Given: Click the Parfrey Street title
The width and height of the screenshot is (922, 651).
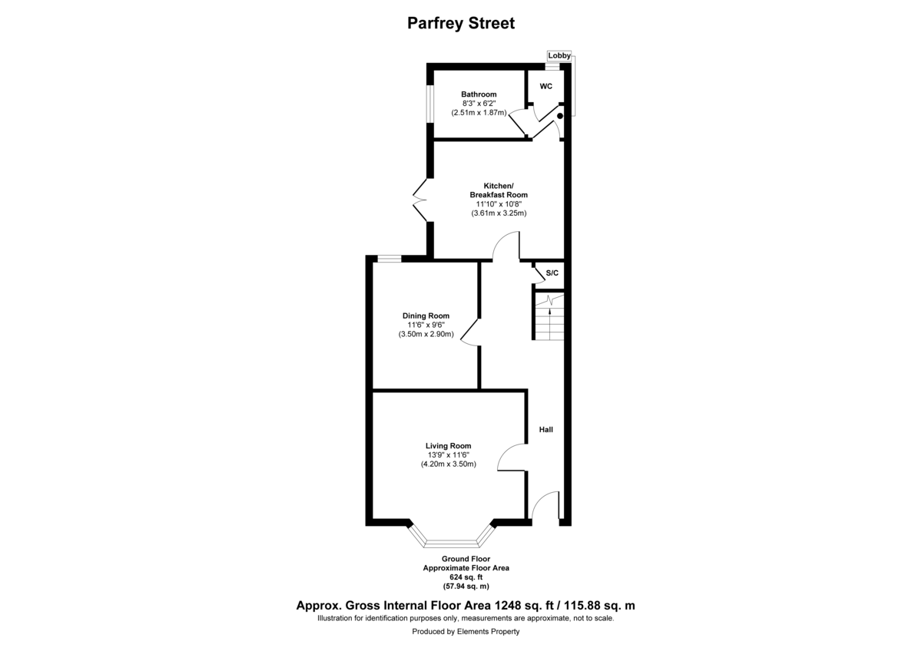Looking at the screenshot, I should [460, 23].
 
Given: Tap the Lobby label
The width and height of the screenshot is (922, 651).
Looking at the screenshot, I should [559, 55].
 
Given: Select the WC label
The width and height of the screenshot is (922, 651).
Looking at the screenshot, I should [546, 86].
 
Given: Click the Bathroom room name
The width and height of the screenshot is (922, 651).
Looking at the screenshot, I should [479, 94].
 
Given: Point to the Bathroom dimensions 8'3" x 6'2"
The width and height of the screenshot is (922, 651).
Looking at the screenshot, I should [479, 104].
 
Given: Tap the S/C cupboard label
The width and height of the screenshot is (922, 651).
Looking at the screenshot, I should [552, 273].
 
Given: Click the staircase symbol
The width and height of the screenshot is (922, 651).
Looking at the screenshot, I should [549, 316].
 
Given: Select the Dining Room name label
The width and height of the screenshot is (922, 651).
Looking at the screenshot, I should [426, 316].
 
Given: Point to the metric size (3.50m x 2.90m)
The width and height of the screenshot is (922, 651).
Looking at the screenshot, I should [426, 335].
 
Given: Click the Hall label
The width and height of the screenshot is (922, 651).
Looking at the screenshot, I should [546, 430].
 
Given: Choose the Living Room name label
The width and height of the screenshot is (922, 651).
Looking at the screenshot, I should [449, 445].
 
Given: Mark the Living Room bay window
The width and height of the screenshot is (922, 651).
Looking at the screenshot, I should [449, 540].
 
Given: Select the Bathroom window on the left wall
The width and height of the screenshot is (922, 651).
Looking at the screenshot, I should [430, 102].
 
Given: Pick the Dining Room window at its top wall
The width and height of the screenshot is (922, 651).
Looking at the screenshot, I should [389, 259].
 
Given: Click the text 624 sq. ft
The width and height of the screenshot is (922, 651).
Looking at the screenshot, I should [466, 577].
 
